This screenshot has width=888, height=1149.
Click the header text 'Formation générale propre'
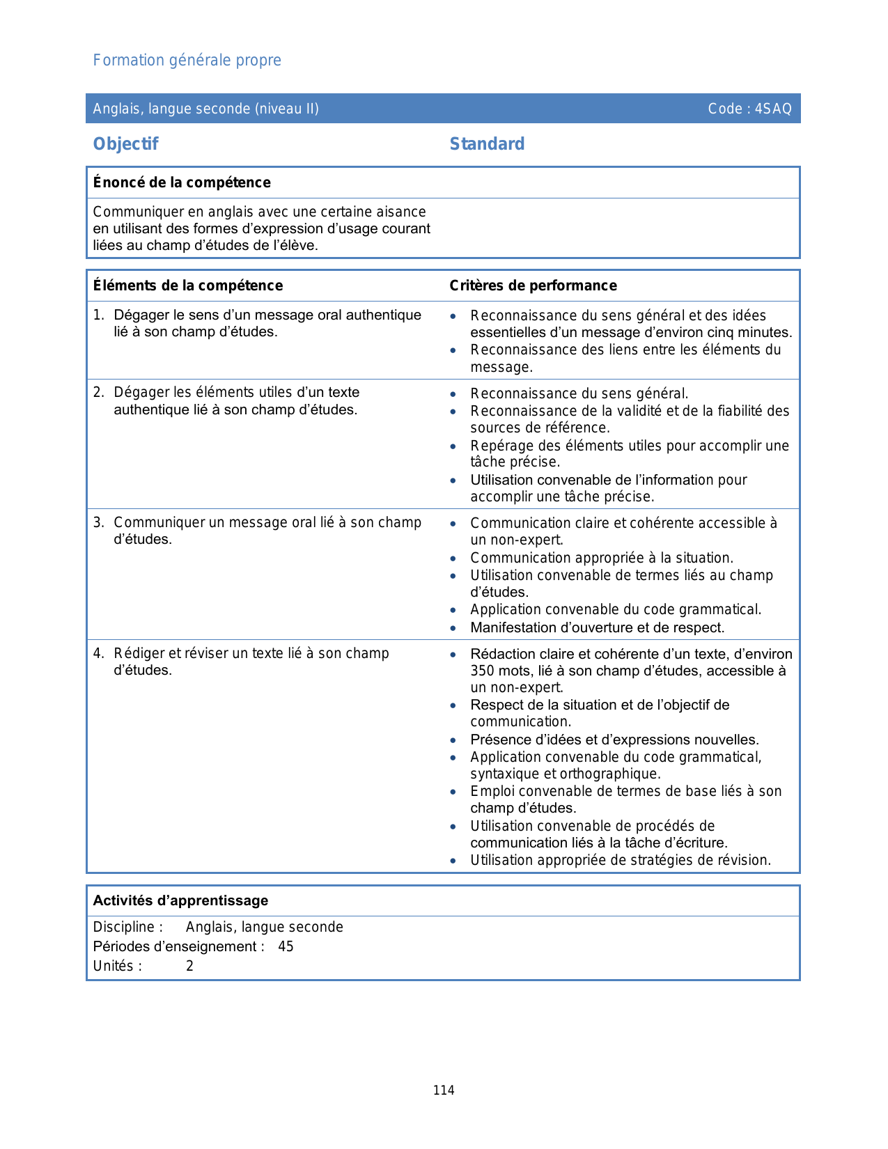point(187,61)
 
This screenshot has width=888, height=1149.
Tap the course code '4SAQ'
point(773,109)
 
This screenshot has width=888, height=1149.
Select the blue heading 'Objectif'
point(126,144)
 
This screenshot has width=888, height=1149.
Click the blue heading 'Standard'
point(487,144)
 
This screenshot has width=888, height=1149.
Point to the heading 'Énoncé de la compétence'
point(182,182)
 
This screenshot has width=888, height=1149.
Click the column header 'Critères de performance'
point(533,286)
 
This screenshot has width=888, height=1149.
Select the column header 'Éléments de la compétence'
point(188,286)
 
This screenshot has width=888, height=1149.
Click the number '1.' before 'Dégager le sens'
point(99,315)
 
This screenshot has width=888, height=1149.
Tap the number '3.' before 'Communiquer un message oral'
point(99,522)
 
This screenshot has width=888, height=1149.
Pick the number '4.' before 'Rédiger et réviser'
point(99,653)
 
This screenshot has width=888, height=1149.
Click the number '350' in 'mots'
point(482,671)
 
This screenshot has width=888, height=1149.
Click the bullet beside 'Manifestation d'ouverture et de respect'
point(453,628)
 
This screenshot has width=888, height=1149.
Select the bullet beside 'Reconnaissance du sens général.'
point(453,394)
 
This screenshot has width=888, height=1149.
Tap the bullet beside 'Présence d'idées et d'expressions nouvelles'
point(453,740)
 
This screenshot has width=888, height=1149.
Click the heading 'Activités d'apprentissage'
point(180,900)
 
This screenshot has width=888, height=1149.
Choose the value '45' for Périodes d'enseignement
point(286,946)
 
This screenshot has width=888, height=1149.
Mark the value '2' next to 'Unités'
point(189,966)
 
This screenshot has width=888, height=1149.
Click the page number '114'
point(444,1091)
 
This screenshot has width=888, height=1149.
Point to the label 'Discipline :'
point(128,927)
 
